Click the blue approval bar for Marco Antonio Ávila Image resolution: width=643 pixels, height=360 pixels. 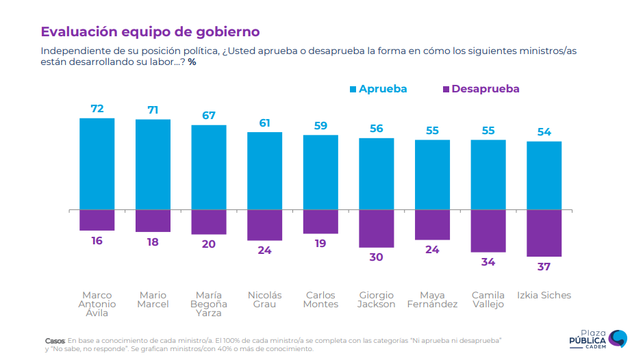click(97, 164)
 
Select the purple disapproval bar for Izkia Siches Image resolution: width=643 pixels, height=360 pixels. click(544, 233)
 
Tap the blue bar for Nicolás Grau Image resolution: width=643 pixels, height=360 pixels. click(264, 170)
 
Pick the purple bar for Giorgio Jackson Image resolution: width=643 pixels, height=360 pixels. click(376, 228)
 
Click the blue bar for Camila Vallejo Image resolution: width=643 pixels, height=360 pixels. click(488, 175)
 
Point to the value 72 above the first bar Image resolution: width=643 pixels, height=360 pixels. click(97, 109)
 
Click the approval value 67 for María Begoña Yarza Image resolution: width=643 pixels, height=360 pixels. click(209, 116)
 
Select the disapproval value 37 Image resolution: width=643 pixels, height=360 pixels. click(544, 267)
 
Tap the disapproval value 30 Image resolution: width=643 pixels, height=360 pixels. click(376, 257)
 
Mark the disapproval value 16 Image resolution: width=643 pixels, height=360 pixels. click(97, 241)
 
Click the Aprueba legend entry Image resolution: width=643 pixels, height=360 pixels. click(378, 89)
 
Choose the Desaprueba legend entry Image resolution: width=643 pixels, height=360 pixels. click(481, 89)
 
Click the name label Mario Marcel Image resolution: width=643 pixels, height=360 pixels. click(153, 300)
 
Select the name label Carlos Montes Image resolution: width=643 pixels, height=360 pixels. click(320, 300)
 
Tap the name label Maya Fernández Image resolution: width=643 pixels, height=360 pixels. click(432, 300)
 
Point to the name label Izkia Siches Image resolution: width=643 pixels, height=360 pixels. click(544, 296)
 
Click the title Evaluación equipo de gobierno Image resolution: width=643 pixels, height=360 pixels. click(150, 31)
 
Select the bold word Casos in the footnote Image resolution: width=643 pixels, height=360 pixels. click(55, 340)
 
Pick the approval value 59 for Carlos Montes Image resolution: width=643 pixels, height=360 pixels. click(320, 126)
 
